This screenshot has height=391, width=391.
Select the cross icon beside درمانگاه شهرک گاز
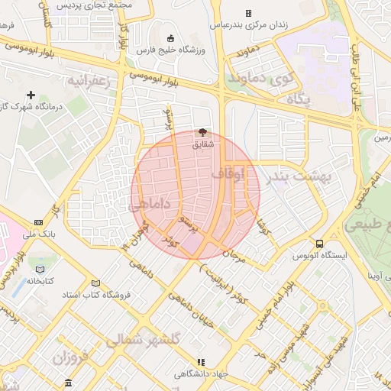pyautogui.click(x=31, y=95)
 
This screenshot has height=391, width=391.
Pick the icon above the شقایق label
pyautogui.click(x=202, y=132)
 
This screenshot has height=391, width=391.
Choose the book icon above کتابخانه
pyautogui.click(x=40, y=269)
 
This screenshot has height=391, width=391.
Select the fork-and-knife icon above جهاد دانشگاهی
pyautogui.click(x=201, y=362)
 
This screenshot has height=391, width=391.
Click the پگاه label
pyautogui.click(x=295, y=99)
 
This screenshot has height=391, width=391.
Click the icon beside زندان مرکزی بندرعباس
pyautogui.click(x=248, y=13)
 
